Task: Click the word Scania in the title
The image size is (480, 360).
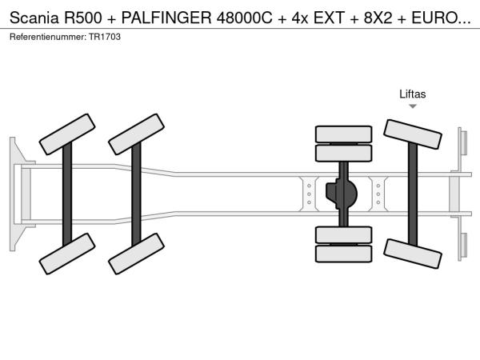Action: (34, 18)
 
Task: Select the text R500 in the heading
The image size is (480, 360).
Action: (83, 18)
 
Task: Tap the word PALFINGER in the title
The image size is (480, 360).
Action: (166, 18)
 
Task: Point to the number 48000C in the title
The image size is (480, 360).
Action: (244, 18)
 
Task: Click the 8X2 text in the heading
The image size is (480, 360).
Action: (378, 18)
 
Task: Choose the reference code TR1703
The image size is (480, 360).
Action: (105, 37)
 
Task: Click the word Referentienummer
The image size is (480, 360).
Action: (48, 37)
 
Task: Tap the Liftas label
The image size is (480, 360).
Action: (412, 94)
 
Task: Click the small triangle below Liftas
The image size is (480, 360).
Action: (413, 106)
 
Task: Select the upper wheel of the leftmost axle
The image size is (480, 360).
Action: (67, 134)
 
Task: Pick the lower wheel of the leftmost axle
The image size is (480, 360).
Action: (67, 254)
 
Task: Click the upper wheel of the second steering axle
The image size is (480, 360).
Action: (136, 134)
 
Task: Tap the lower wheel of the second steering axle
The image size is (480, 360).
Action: (136, 254)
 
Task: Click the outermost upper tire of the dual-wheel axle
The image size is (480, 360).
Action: (343, 134)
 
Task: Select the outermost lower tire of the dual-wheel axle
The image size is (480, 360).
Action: (343, 254)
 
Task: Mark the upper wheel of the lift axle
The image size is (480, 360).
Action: (412, 134)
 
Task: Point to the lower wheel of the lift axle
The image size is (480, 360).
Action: (412, 254)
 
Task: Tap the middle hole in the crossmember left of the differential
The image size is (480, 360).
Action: (309, 194)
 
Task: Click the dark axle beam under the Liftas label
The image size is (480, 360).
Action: (413, 194)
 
